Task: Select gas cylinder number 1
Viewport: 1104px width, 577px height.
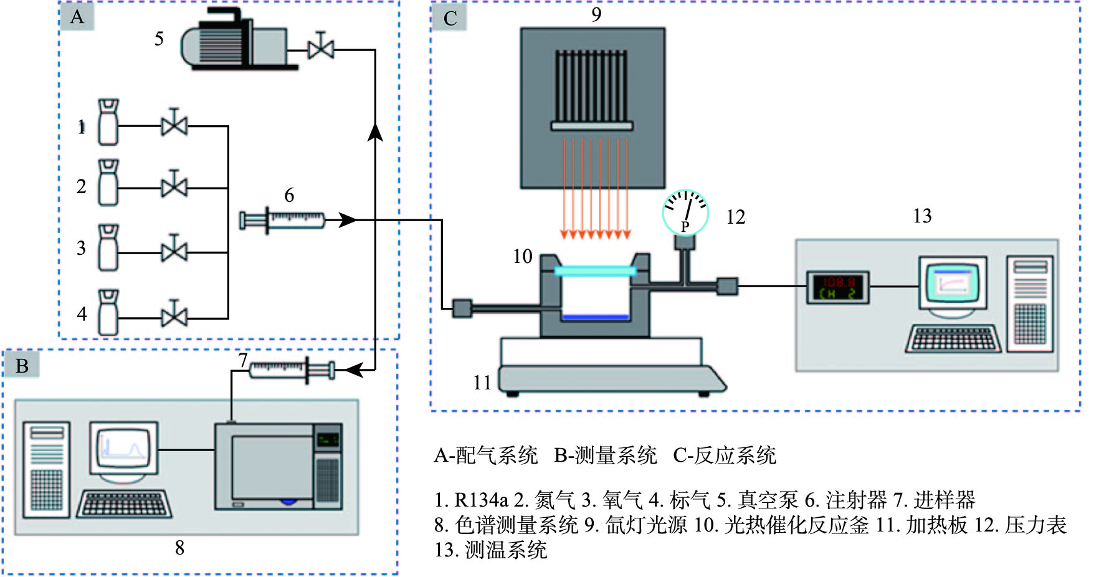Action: [108, 122]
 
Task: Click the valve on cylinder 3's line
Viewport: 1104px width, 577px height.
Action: [174, 251]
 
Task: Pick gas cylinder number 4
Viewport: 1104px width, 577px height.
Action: [108, 312]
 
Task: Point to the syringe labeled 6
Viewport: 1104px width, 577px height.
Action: [283, 220]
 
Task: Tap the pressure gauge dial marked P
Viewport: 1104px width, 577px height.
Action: [685, 212]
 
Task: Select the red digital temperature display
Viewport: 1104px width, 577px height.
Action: [838, 287]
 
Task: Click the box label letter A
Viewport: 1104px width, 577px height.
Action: [77, 17]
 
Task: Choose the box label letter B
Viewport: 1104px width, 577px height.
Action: [22, 366]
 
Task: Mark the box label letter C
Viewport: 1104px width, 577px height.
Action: [450, 19]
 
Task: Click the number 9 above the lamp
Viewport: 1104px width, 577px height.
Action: [596, 14]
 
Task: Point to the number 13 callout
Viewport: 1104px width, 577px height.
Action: [922, 216]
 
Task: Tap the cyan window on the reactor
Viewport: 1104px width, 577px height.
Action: [595, 271]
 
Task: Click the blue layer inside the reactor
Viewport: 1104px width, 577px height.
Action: [595, 317]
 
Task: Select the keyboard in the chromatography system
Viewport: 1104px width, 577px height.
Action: [124, 504]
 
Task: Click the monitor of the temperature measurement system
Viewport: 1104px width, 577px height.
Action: [953, 283]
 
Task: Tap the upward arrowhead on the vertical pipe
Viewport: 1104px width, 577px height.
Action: [375, 131]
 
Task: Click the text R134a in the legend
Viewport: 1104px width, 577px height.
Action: [481, 500]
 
